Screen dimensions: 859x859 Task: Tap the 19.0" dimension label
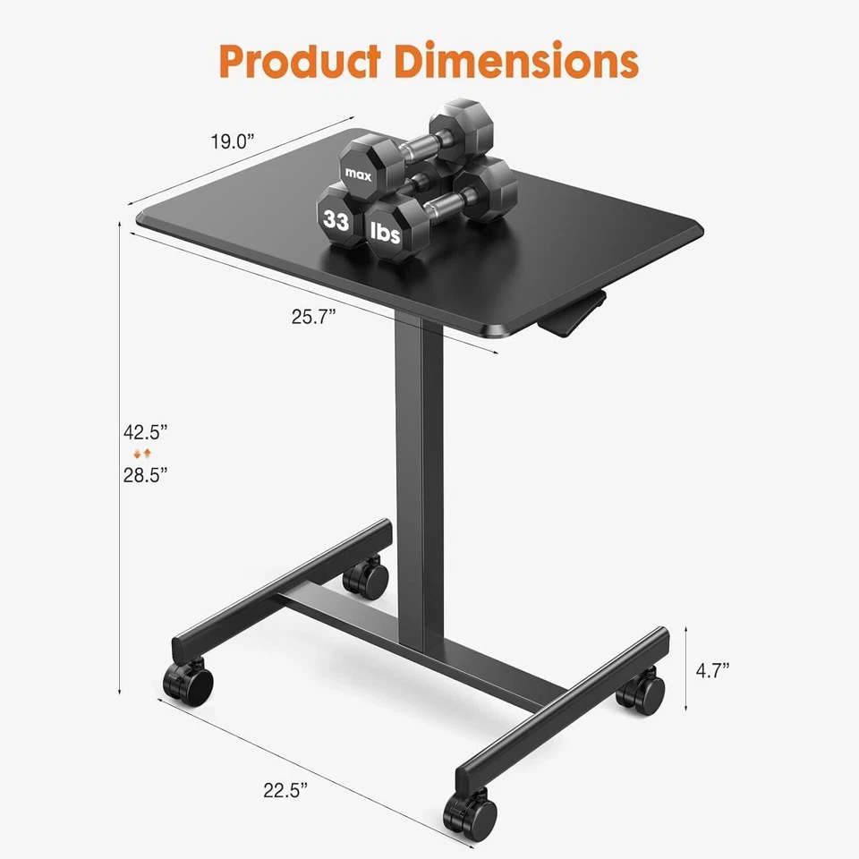tap(233, 141)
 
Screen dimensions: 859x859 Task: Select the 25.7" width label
tap(313, 318)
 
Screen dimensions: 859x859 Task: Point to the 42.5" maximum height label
tap(146, 432)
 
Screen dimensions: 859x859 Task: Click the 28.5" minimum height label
tap(146, 474)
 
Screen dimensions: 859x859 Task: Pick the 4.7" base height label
tap(713, 669)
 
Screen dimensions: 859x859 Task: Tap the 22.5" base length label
tap(285, 789)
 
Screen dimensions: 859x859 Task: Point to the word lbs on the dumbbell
tap(385, 234)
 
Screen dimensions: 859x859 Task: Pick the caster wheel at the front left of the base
tap(189, 682)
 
